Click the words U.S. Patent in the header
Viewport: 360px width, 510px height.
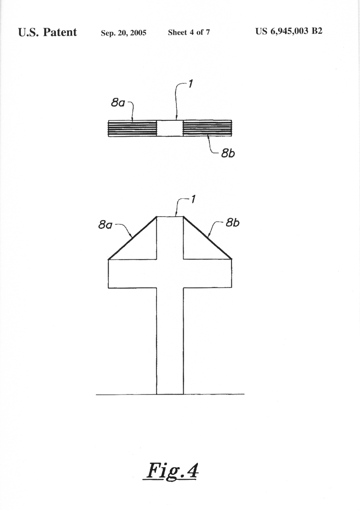click(47, 32)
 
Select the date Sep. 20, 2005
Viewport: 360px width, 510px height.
click(124, 33)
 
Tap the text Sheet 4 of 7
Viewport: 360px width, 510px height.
click(189, 32)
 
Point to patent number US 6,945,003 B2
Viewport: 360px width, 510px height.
click(289, 31)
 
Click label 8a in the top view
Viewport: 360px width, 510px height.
click(118, 103)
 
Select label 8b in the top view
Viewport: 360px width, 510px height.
click(227, 153)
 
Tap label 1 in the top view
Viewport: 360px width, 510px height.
click(190, 84)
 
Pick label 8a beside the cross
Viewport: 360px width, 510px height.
click(105, 225)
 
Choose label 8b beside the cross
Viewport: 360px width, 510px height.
click(232, 223)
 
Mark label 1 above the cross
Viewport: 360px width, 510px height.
click(193, 199)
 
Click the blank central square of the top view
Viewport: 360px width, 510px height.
click(170, 129)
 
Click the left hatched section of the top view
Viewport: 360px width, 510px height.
click(133, 129)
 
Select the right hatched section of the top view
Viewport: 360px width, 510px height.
click(208, 128)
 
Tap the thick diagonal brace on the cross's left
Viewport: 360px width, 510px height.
click(133, 238)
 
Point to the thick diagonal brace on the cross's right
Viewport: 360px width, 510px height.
click(208, 237)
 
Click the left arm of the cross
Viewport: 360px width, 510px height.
click(133, 274)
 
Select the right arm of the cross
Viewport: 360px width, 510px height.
click(208, 273)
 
